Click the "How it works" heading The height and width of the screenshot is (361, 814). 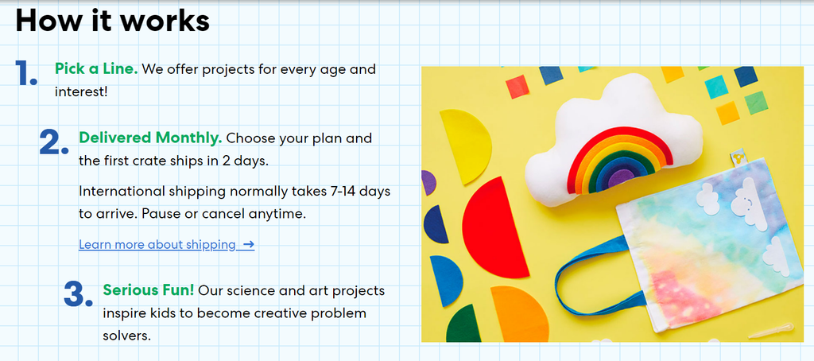[x=113, y=21]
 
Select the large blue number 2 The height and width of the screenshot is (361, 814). [x=54, y=142]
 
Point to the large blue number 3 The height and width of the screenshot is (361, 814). [x=79, y=294]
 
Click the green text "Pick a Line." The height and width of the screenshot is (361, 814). [x=96, y=69]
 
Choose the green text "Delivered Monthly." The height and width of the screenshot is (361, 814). [x=150, y=138]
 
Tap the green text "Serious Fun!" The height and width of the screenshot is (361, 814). [x=149, y=290]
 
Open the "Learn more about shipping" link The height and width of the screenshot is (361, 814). [x=157, y=245]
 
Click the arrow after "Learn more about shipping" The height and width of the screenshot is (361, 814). [x=249, y=245]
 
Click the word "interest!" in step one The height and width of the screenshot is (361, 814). [x=81, y=92]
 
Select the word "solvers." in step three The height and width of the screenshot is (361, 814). [x=127, y=336]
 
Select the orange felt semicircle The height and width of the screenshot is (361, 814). [x=520, y=314]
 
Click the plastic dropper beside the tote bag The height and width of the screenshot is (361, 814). [x=770, y=330]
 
